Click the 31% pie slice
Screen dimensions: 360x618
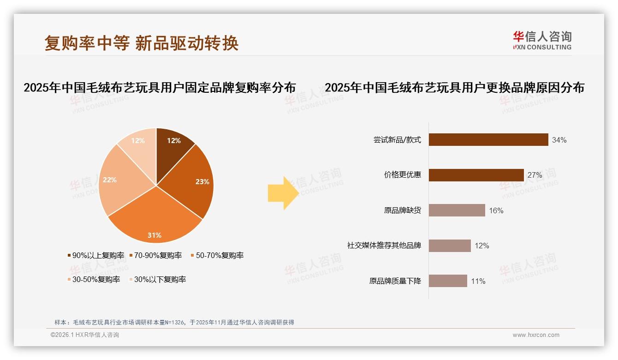click(155, 217)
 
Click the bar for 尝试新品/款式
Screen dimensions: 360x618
click(488, 140)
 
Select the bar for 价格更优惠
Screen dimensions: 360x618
click(476, 175)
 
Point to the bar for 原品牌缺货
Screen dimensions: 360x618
click(457, 210)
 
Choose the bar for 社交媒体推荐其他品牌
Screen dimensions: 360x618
click(450, 246)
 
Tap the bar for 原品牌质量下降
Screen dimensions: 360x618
click(448, 281)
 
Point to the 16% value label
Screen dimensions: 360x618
click(496, 211)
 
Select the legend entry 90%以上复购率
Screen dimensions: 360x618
click(96, 255)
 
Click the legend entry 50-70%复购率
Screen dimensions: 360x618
click(216, 255)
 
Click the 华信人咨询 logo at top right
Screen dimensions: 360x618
click(542, 40)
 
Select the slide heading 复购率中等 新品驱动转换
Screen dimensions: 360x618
click(141, 43)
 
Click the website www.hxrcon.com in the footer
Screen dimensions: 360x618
click(536, 335)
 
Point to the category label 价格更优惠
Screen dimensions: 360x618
click(403, 175)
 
